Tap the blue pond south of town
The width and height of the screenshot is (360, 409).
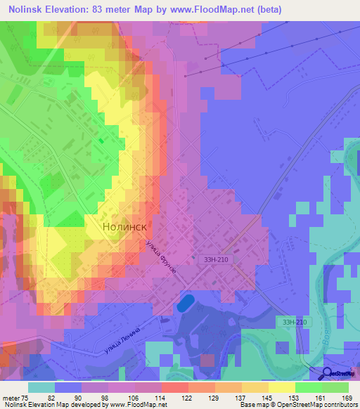coord(186,304)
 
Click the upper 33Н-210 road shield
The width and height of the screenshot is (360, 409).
coord(217,259)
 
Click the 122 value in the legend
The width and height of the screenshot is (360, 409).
coord(172,397)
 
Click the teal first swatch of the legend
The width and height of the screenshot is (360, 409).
coord(41,388)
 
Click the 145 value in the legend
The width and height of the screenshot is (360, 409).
coord(260,397)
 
